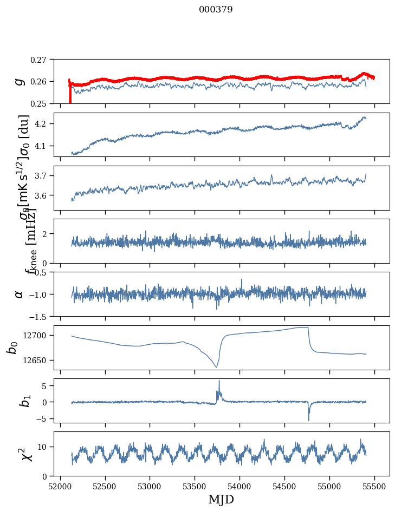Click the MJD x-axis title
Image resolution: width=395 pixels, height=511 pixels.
pos(221,500)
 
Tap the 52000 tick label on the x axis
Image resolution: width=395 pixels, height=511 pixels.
pos(60,486)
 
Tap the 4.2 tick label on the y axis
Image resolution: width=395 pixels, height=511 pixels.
pos(42,124)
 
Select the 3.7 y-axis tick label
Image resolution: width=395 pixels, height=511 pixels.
pos(42,176)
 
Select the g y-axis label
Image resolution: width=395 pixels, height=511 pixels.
pos(20,81)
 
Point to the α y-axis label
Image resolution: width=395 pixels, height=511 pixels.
pos(20,294)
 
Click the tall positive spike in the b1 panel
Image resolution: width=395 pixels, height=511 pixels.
pos(219,381)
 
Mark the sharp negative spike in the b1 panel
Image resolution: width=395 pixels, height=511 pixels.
pos(309,420)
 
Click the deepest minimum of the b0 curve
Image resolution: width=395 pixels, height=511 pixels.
pos(217,367)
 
